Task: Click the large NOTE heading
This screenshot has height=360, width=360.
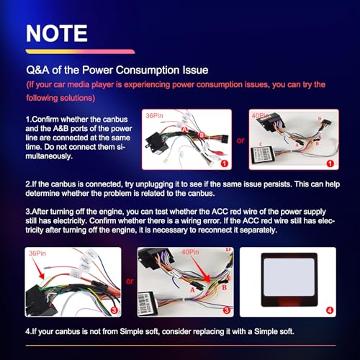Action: [x=57, y=33]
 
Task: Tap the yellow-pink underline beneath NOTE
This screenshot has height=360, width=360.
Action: [x=80, y=51]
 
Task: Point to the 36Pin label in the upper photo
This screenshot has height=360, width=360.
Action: [x=154, y=116]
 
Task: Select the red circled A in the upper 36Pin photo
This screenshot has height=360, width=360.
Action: [x=184, y=130]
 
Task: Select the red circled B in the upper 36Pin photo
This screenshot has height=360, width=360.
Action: [x=202, y=135]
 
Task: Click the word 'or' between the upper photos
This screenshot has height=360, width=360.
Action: [x=240, y=140]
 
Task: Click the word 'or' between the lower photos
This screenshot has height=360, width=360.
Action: [x=130, y=281]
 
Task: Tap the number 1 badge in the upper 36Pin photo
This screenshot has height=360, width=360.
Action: [x=224, y=163]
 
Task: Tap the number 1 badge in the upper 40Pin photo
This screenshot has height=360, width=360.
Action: [x=330, y=163]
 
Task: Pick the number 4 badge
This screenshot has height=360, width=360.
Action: [x=330, y=310]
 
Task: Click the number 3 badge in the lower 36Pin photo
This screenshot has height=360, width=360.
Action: [x=114, y=310]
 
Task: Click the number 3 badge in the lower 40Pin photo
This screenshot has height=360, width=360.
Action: [x=227, y=310]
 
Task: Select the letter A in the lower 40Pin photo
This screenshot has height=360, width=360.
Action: [x=192, y=290]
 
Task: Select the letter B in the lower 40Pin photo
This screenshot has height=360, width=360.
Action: [x=225, y=287]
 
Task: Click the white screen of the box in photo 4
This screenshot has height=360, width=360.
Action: [x=289, y=277]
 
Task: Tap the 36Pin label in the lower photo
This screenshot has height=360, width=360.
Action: [x=37, y=253]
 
